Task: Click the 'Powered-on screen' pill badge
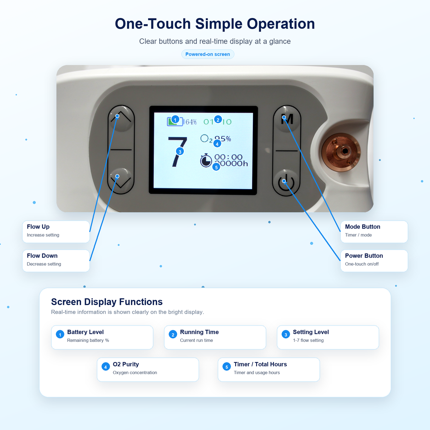click(x=208, y=54)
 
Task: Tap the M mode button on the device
click(x=287, y=119)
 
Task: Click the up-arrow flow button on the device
click(x=121, y=118)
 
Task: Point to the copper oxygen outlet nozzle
click(x=341, y=152)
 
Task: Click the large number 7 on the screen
click(x=177, y=152)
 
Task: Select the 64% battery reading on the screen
click(x=191, y=122)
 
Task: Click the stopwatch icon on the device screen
click(x=206, y=160)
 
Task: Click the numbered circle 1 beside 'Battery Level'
click(x=60, y=334)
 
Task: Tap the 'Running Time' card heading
click(x=199, y=332)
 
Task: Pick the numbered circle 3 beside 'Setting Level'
click(x=285, y=334)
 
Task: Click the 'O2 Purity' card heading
click(x=126, y=364)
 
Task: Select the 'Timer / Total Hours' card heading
click(x=260, y=364)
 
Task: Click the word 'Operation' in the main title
click(x=281, y=24)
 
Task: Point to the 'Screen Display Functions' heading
click(x=107, y=302)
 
